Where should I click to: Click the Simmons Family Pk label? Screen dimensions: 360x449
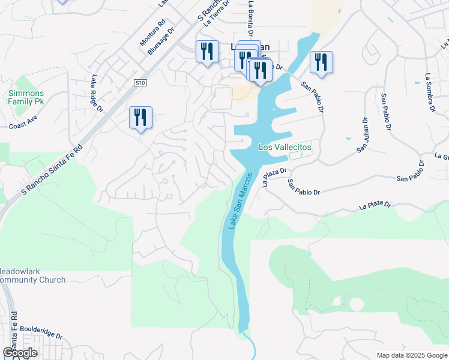tap(26, 97)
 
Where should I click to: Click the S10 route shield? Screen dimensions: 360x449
tap(140, 82)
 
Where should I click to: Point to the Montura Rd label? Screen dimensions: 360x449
tap(153, 33)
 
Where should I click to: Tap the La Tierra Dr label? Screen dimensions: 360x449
tap(217, 13)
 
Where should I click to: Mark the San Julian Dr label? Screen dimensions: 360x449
tap(363, 135)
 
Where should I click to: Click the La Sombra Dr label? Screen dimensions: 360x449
tap(429, 93)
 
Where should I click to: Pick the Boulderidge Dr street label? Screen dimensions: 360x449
tap(41, 332)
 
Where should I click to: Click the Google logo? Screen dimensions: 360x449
tap(20, 352)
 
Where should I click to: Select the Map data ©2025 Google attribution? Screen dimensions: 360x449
tap(412, 355)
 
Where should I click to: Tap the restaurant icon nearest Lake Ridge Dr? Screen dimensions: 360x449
tap(140, 117)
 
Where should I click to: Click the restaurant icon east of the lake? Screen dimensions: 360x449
tap(321, 62)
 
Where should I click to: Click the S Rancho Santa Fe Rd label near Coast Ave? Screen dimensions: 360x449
tap(51, 169)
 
